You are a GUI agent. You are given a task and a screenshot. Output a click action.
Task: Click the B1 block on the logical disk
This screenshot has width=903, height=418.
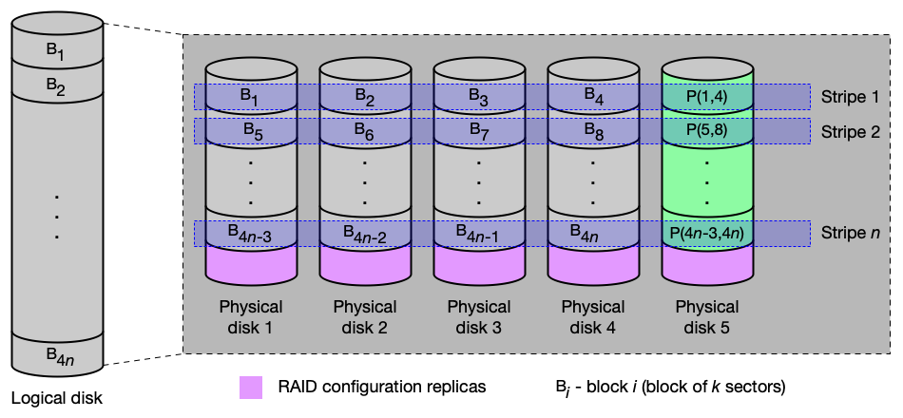pyautogui.click(x=57, y=50)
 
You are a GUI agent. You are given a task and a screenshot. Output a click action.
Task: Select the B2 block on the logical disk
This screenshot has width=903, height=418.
pyautogui.click(x=57, y=85)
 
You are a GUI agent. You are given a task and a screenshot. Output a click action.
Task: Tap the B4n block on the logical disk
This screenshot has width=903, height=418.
pyautogui.click(x=57, y=353)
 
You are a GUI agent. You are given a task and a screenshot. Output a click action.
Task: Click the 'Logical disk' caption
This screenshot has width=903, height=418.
pyautogui.click(x=57, y=398)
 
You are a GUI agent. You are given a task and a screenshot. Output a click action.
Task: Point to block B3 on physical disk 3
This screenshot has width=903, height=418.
pyautogui.click(x=479, y=97)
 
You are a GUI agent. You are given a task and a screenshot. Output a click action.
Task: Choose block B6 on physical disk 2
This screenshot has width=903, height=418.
pyautogui.click(x=365, y=132)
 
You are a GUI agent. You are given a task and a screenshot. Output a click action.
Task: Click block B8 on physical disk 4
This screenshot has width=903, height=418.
pyautogui.click(x=593, y=132)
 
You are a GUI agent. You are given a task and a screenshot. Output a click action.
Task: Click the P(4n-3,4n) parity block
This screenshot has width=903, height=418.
pyautogui.click(x=708, y=234)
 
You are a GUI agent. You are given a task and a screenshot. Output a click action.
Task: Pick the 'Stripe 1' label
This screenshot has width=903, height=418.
pyautogui.click(x=851, y=97)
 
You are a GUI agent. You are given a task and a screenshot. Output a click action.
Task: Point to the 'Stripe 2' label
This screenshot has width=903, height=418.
pyautogui.click(x=851, y=131)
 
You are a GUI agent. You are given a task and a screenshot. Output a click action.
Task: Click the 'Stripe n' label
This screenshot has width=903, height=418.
pyautogui.click(x=851, y=234)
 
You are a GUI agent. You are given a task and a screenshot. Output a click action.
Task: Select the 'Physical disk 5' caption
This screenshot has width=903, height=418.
pyautogui.click(x=707, y=316)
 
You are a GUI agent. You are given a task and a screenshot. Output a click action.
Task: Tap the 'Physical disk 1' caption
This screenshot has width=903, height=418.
pyautogui.click(x=251, y=316)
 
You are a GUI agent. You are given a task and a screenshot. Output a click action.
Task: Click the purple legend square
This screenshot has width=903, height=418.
pyautogui.click(x=251, y=388)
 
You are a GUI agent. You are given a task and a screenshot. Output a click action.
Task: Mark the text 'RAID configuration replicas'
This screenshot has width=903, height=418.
pyautogui.click(x=382, y=387)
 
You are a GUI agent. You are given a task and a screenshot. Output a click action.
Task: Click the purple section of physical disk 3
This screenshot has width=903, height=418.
pyautogui.click(x=479, y=265)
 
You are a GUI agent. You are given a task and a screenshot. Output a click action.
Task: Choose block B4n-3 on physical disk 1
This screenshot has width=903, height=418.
pyautogui.click(x=251, y=234)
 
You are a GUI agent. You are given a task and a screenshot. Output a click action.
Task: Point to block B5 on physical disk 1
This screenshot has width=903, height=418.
pyautogui.click(x=251, y=132)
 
